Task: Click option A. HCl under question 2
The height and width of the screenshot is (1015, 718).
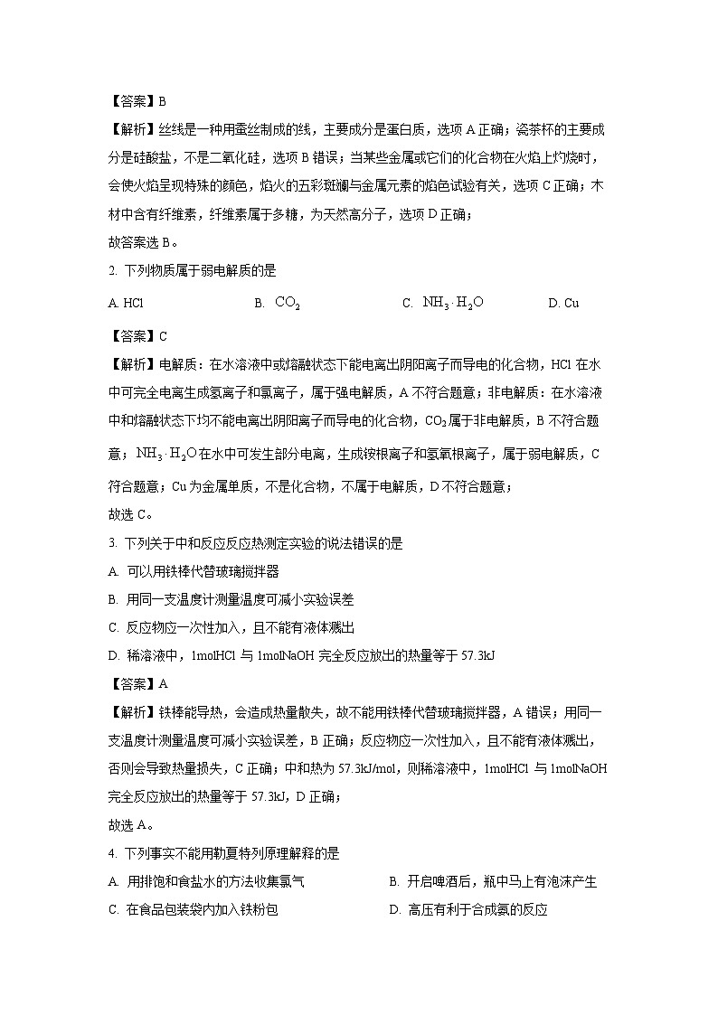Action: click(126, 304)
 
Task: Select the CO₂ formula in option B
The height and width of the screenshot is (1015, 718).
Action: click(288, 303)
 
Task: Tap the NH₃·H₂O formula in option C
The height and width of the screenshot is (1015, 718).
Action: click(453, 303)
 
